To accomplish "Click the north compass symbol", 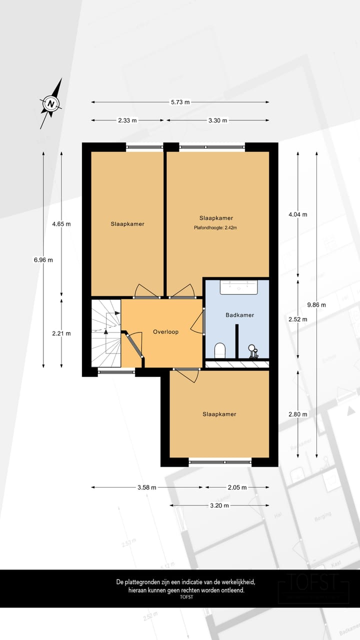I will tap(51, 103).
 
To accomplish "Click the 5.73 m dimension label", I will tap(180, 102).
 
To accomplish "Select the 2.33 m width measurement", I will tap(127, 120).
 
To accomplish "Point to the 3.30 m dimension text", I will tap(218, 120).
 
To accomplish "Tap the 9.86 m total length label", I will tap(316, 304).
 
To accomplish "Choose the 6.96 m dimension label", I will tap(43, 259).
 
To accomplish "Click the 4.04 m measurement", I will tap(298, 214).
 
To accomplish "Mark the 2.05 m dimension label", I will tap(236, 487).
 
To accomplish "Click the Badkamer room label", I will tap(239, 315).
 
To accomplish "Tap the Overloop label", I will tap(165, 331).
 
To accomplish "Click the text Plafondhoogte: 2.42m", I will tap(215, 228).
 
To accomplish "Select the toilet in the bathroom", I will tap(219, 350).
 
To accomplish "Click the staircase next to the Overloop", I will tap(106, 332).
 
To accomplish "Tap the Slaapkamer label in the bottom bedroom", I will tap(219, 414).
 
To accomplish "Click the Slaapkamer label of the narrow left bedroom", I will tap(127, 223).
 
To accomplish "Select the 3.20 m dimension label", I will tap(219, 505).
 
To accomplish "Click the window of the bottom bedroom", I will tap(220, 462).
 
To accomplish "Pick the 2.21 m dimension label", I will tap(61, 333).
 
